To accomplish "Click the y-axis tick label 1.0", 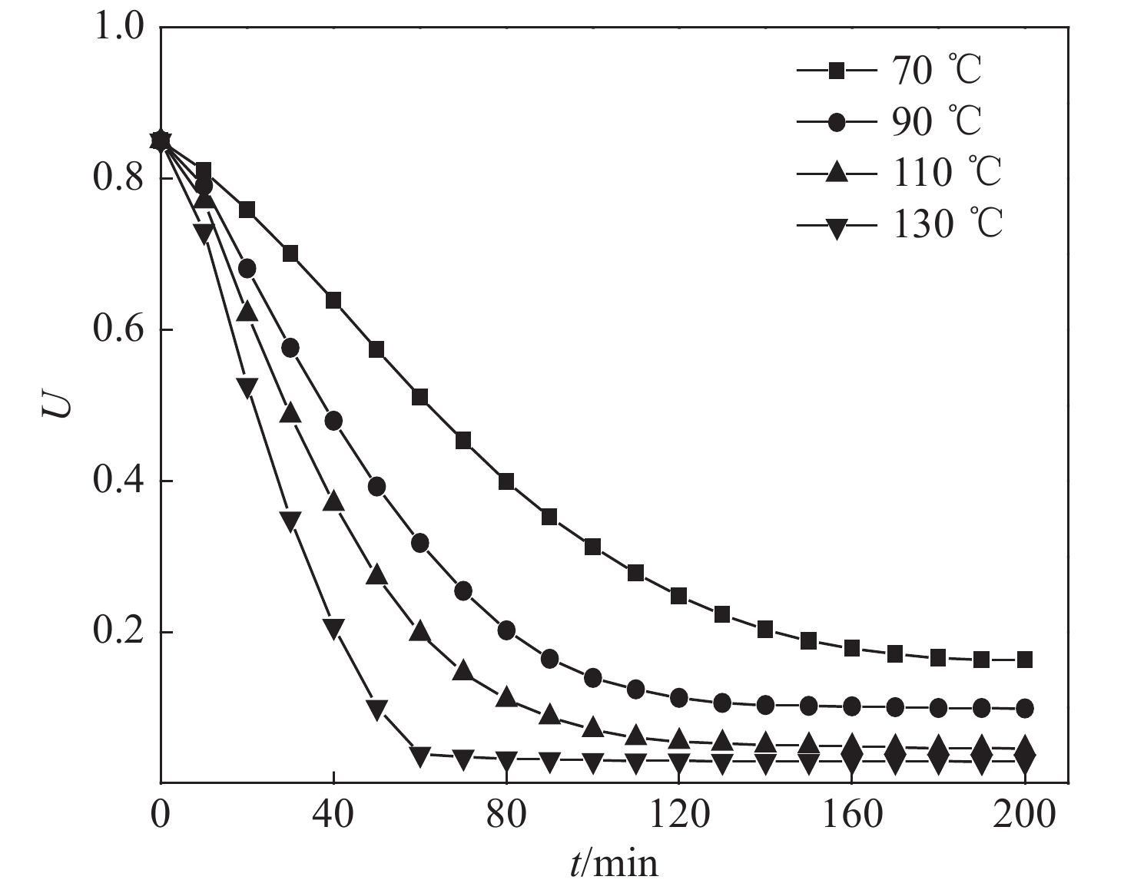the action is (118, 27).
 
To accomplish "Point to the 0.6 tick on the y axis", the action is (118, 330).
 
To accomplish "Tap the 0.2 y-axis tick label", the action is (118, 632).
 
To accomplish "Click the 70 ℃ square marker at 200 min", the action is (1024, 659).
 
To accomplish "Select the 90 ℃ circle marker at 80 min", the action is (506, 630).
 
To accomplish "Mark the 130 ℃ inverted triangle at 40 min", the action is (333, 628).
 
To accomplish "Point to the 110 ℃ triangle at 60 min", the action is (420, 630).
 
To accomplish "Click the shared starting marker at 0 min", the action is (161, 141).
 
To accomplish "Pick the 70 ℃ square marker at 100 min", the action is (593, 547).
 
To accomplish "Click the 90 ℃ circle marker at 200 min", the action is (1024, 707).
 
